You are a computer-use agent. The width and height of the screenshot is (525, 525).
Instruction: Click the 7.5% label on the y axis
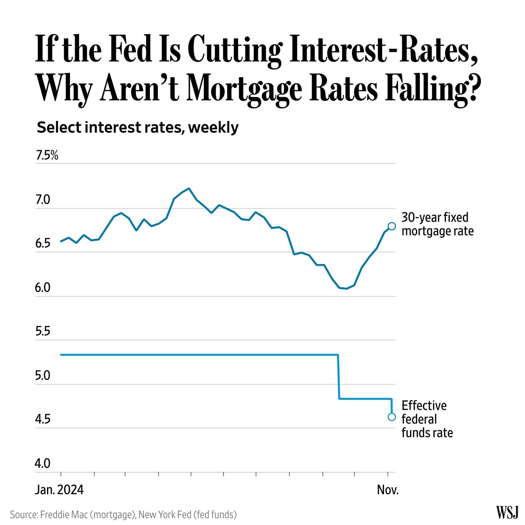(x=47, y=156)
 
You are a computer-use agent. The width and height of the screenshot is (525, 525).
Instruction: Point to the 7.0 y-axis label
(x=42, y=200)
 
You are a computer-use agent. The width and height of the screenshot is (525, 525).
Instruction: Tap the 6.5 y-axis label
(x=42, y=244)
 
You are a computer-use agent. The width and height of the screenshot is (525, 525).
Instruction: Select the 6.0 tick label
(x=42, y=288)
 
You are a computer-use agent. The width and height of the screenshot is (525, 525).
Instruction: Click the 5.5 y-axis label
(x=42, y=332)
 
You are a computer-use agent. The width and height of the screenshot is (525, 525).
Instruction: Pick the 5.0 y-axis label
(x=42, y=376)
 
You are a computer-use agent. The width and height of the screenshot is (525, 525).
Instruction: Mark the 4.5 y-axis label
(x=42, y=420)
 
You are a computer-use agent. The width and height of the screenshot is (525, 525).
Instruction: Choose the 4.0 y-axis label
(x=42, y=464)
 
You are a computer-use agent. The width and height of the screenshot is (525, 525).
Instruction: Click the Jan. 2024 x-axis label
(x=59, y=490)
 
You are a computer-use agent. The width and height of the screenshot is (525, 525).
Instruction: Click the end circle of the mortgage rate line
(x=392, y=226)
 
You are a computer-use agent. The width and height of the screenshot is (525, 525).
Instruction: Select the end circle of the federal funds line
(x=392, y=417)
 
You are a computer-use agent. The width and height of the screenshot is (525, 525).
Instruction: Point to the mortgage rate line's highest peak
(x=188, y=188)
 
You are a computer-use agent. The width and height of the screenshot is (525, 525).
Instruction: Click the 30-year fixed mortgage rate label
(x=437, y=224)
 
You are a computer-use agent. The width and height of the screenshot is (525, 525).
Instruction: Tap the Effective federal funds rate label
(x=427, y=419)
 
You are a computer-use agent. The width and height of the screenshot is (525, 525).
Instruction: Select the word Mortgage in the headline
(x=244, y=89)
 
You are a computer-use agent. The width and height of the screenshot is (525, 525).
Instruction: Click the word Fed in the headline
(x=130, y=49)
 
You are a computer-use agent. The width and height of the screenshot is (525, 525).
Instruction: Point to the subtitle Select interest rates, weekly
(x=138, y=128)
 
